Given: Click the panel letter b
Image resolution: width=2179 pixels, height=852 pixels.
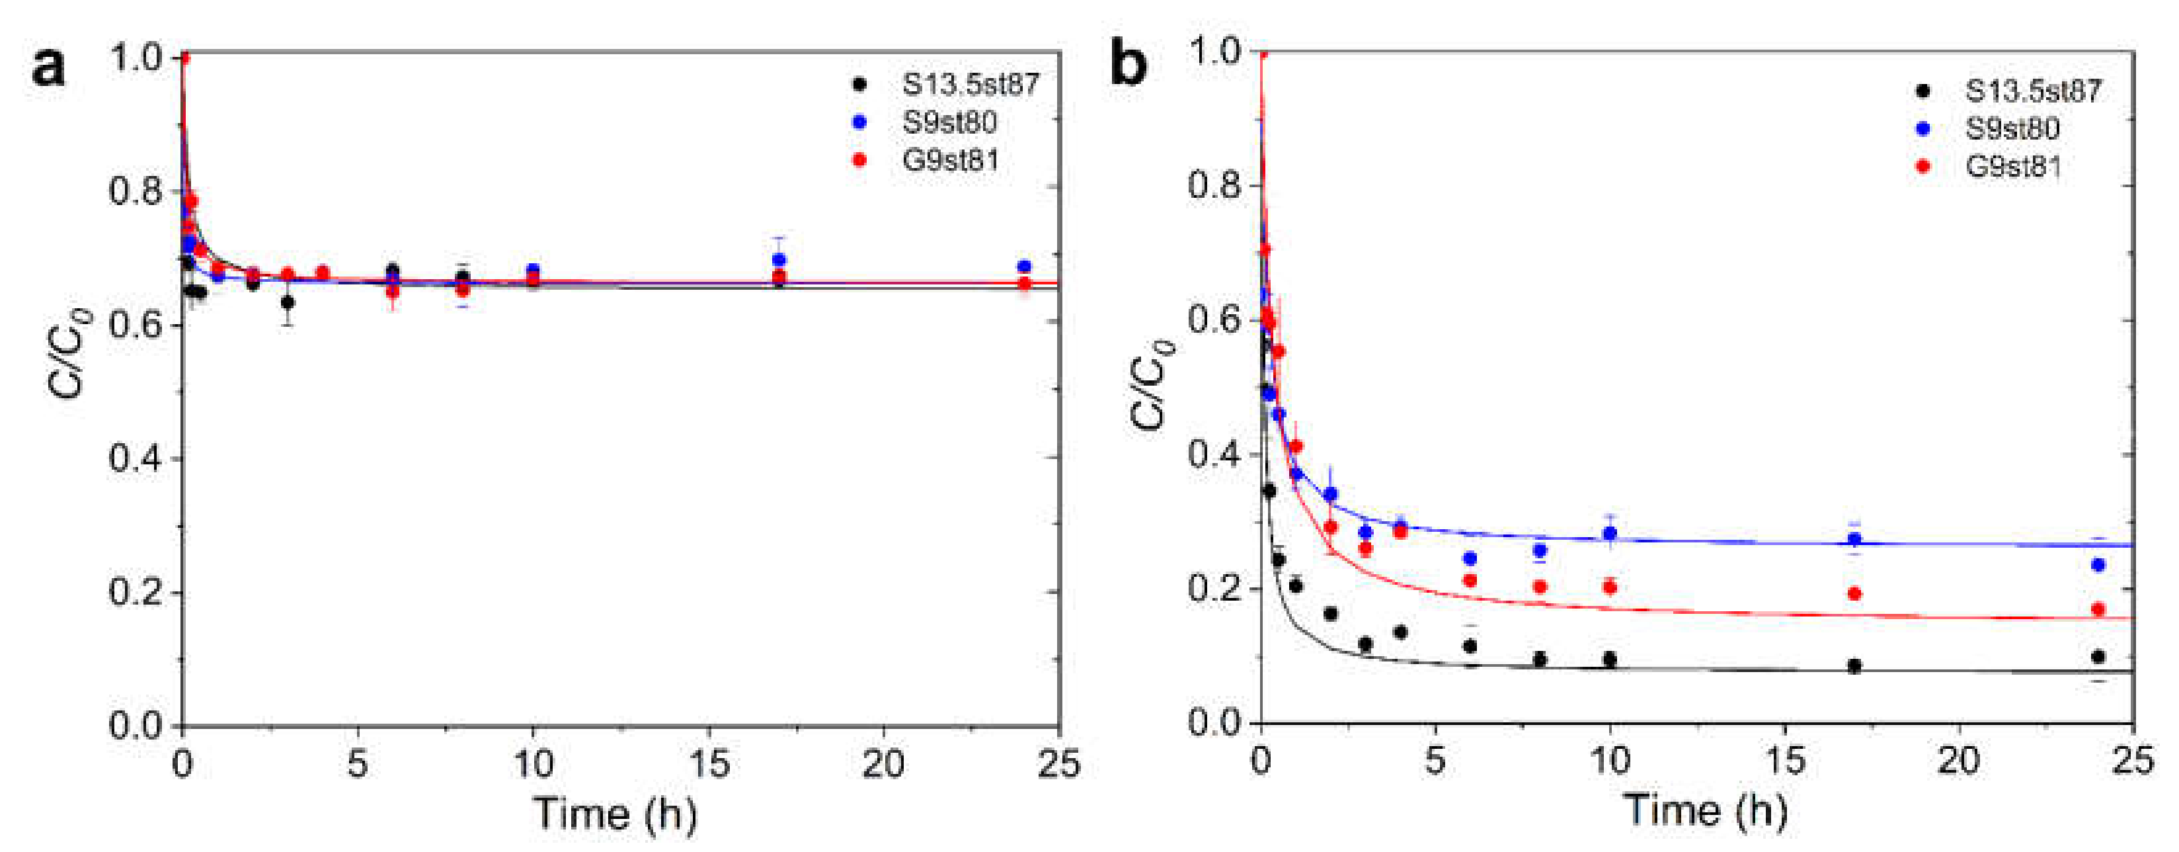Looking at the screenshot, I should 1129,64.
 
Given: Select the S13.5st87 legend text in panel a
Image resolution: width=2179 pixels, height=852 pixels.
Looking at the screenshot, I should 971,84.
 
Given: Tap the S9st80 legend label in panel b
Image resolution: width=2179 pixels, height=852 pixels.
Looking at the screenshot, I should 2012,128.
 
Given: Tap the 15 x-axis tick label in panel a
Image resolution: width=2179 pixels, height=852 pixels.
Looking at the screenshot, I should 708,764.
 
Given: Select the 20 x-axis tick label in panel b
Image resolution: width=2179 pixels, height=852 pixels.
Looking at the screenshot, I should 1958,761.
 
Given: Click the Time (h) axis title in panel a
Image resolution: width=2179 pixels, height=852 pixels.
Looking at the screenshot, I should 615,814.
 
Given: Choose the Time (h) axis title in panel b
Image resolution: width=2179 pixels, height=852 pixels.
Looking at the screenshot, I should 1705,810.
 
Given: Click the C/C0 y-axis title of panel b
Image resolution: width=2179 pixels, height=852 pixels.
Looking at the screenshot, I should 1153,385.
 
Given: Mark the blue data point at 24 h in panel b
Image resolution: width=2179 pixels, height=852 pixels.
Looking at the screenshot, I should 2098,564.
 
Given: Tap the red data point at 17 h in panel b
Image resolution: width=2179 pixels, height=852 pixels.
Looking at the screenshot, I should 1854,593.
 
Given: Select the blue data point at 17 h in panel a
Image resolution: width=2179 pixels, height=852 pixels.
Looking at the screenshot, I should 779,260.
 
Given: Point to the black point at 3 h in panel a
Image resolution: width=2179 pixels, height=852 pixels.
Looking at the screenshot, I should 288,302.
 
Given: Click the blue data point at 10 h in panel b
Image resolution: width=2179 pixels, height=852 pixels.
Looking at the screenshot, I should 1610,533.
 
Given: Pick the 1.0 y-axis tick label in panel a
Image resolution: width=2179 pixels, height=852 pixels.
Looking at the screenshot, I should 136,58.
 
